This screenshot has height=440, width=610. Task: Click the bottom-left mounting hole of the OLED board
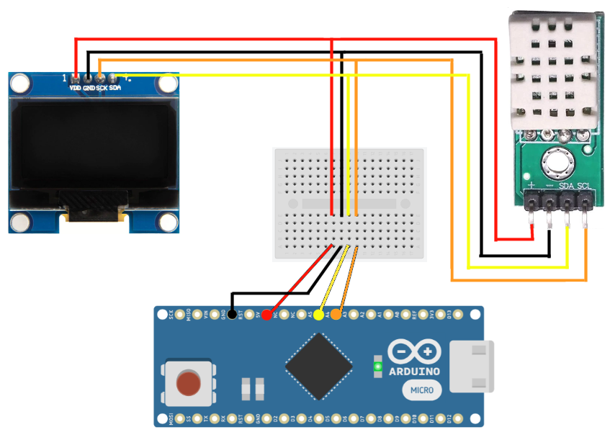pos(20,223)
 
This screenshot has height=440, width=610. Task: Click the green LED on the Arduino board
pos(377,367)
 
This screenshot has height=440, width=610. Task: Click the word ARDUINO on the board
pos(416,371)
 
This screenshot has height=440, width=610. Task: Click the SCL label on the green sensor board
pos(584,187)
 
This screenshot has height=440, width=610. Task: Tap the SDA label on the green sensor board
pos(566,187)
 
